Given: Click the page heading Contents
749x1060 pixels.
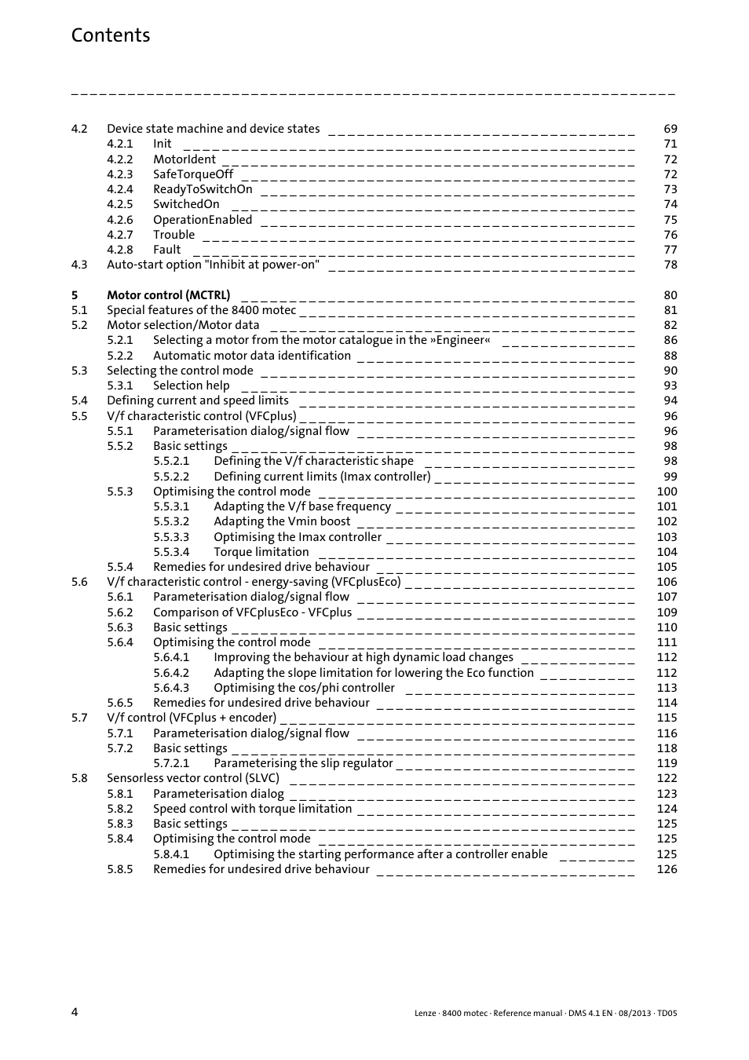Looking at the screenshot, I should click(x=110, y=35).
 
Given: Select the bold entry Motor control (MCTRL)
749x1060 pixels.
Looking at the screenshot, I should click(x=168, y=295).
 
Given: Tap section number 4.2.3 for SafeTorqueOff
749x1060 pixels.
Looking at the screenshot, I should click(x=119, y=174).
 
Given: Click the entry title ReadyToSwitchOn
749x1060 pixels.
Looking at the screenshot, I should click(x=203, y=189).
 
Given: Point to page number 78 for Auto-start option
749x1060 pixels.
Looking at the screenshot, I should click(x=670, y=265).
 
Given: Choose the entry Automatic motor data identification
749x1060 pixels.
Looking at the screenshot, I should click(x=251, y=356).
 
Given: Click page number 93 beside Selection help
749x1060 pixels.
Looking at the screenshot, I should click(x=670, y=386).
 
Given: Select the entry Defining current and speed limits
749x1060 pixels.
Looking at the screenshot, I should click(x=197, y=400).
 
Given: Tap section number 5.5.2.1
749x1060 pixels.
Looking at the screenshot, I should click(x=171, y=461).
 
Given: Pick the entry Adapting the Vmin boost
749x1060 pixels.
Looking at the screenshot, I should click(x=282, y=521).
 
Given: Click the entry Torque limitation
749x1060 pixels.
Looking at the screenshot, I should click(x=261, y=552).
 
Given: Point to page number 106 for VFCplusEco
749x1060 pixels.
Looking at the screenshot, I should click(x=667, y=582).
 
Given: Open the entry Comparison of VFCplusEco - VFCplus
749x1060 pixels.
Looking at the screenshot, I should click(x=252, y=612).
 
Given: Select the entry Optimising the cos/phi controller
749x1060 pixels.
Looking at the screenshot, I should click(x=304, y=688).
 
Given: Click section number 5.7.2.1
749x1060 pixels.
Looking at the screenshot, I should click(x=171, y=763).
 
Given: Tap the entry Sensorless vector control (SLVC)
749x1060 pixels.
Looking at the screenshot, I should click(x=192, y=778).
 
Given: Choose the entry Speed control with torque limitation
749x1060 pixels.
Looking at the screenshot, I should click(x=252, y=809).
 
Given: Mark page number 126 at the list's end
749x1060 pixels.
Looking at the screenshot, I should click(x=667, y=869).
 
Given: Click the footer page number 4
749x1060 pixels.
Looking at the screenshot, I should click(x=75, y=1012).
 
